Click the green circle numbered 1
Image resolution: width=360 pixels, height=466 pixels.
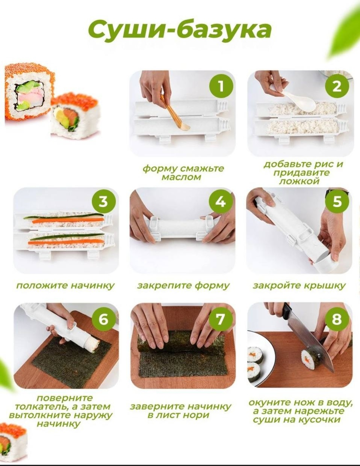221,86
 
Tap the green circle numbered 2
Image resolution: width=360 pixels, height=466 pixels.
337,86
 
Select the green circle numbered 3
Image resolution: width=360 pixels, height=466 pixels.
104,202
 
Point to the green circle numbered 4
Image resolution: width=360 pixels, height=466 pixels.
221,202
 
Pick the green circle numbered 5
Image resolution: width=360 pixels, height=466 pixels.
337,202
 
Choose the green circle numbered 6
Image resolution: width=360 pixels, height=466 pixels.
104,319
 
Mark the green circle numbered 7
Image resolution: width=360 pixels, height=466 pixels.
221,319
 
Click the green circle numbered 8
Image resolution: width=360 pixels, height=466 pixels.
337,319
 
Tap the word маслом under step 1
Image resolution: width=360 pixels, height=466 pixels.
181,177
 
